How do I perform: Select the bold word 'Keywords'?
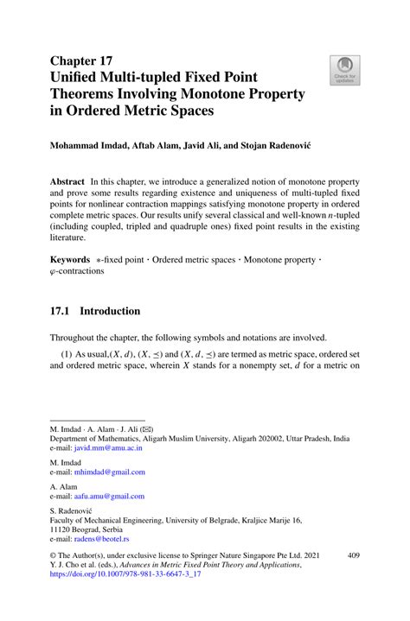click(x=69, y=258)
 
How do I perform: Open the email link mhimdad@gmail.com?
click(x=110, y=472)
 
